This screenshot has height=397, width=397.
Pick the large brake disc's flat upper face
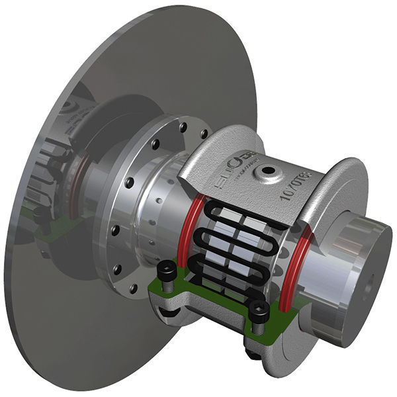[x=165, y=60]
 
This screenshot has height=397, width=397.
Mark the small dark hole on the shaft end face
[x=368, y=288]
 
